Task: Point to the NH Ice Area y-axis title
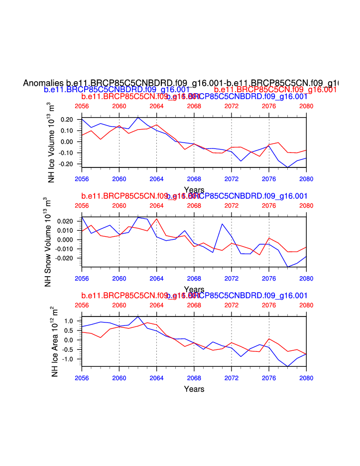tap(55, 341)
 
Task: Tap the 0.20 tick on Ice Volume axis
tap(67, 120)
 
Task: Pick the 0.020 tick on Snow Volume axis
tap(65, 221)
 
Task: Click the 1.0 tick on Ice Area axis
tap(69, 321)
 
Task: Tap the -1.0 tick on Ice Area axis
tap(68, 359)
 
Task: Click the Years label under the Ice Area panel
tap(194, 389)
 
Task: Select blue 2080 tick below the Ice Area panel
tap(306, 378)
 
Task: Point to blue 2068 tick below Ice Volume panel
tap(194, 178)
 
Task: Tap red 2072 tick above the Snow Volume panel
tap(232, 206)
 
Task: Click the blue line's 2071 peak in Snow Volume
tap(222, 224)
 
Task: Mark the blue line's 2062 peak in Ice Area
tap(138, 316)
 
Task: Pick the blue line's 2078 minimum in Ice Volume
tap(287, 167)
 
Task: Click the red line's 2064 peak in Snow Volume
tap(157, 219)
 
